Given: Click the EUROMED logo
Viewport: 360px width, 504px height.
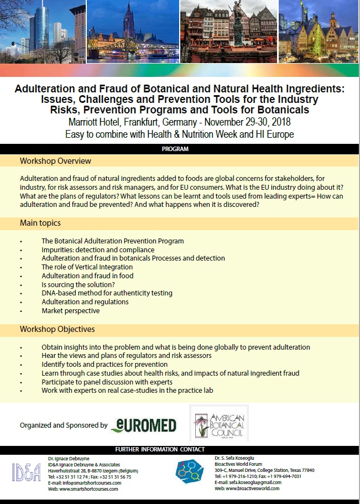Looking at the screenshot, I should click(143, 425).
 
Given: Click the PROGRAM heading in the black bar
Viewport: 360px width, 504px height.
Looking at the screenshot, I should click(175, 149).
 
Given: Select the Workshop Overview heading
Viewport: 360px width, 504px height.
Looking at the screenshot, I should click(55, 161).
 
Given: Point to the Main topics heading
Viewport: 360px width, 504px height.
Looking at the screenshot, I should click(40, 223).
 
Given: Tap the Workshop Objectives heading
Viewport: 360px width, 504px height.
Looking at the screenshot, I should click(57, 329).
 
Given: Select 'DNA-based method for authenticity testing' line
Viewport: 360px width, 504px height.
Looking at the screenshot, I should click(107, 293).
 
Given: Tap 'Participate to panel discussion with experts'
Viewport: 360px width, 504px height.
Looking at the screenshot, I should click(107, 382).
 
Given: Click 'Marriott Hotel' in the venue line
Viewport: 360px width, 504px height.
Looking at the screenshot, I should click(94, 122).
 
